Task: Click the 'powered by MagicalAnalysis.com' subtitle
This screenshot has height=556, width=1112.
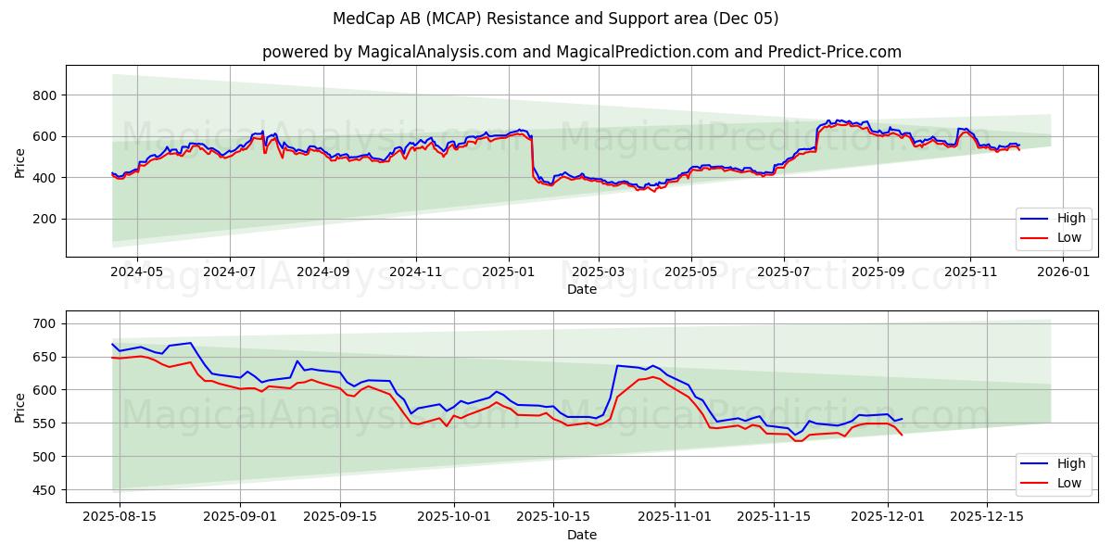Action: (x=581, y=52)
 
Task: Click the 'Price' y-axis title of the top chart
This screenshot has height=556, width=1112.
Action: (x=19, y=162)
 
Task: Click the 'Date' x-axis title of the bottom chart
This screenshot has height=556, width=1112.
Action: (x=581, y=535)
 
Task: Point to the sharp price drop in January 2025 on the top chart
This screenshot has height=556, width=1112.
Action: (x=532, y=158)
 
